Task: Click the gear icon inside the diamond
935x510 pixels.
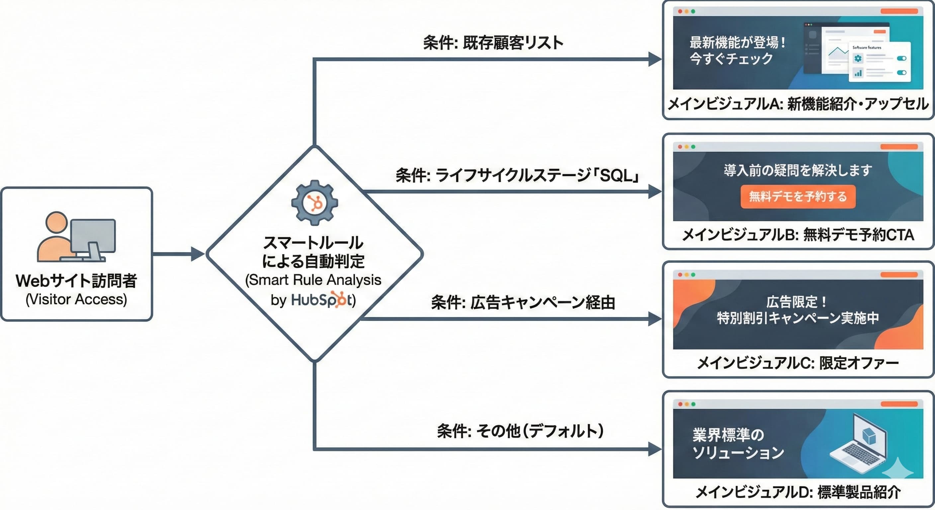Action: tap(314, 203)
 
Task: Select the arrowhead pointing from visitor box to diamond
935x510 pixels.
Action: tap(198, 254)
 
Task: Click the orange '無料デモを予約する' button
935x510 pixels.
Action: tap(798, 196)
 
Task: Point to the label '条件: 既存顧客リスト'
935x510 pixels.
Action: tap(493, 43)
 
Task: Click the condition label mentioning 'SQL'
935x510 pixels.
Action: tap(517, 176)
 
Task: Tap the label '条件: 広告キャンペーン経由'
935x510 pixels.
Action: tap(523, 302)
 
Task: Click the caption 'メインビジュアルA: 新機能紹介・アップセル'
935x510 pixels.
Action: tap(798, 104)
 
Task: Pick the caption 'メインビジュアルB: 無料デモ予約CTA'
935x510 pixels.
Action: tap(798, 235)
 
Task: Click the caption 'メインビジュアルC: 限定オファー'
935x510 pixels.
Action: tap(798, 363)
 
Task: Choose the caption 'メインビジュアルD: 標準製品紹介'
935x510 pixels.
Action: tap(798, 492)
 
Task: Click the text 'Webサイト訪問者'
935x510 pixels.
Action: tap(76, 281)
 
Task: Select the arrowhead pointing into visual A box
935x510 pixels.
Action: tap(655, 59)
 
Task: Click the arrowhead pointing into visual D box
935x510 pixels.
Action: tap(655, 449)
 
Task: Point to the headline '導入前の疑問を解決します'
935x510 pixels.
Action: tap(798, 170)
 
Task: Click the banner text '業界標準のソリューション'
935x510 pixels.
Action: tap(737, 444)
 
